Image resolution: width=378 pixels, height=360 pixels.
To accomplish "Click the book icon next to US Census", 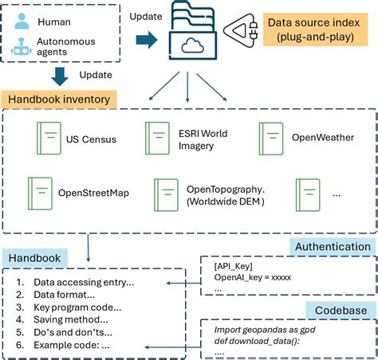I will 47,139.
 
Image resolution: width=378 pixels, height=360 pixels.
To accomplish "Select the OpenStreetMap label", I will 93,193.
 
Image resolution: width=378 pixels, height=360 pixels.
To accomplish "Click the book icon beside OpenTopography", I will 166,194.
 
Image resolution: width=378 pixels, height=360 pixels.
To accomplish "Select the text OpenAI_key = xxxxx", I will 253,278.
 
